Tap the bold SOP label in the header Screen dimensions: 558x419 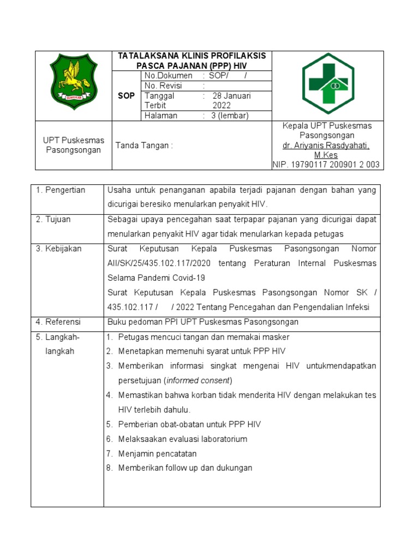point(127,96)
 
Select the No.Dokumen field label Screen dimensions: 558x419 point(168,76)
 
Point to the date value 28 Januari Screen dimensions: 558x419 point(231,96)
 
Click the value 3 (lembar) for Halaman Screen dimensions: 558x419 point(230,116)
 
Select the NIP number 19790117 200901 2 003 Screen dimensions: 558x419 point(326,165)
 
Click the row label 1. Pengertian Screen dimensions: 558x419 point(61,190)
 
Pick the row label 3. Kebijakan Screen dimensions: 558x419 point(59,249)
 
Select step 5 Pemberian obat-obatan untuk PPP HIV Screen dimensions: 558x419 point(189,424)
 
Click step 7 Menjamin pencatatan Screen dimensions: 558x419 point(157,453)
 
